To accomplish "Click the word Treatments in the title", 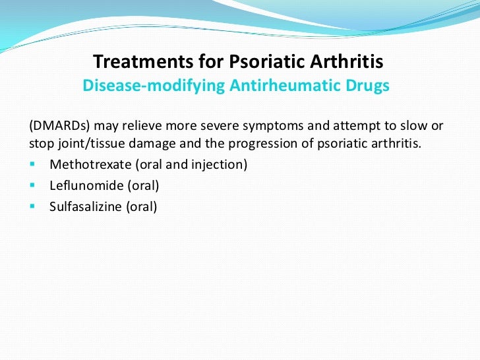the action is (x=143, y=61).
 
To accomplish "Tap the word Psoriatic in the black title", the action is (x=267, y=61).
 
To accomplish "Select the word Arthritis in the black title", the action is (x=347, y=61).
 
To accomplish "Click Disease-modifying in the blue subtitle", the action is (x=154, y=86).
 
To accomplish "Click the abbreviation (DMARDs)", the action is (x=59, y=126).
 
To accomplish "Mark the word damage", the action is (x=152, y=144).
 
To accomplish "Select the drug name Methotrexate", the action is (x=90, y=164).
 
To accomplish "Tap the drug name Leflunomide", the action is (x=86, y=185).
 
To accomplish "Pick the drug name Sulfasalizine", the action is (x=86, y=206).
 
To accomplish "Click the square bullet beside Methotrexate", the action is (x=32, y=164).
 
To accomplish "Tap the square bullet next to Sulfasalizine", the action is (x=32, y=206).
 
